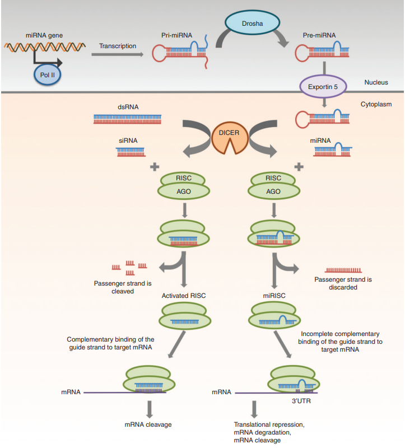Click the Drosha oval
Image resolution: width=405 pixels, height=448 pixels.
point(252,23)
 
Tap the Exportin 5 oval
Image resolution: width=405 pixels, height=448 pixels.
point(324,87)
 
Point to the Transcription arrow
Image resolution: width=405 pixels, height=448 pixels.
point(119,54)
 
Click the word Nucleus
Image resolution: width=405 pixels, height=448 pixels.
point(376,82)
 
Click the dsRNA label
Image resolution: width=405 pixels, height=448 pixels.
point(128,106)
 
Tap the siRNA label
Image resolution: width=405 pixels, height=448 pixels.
point(128,141)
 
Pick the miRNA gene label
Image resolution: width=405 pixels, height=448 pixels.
point(44,35)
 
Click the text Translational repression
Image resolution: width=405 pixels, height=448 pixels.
point(268,424)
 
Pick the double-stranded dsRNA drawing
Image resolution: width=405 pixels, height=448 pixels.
point(128,119)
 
